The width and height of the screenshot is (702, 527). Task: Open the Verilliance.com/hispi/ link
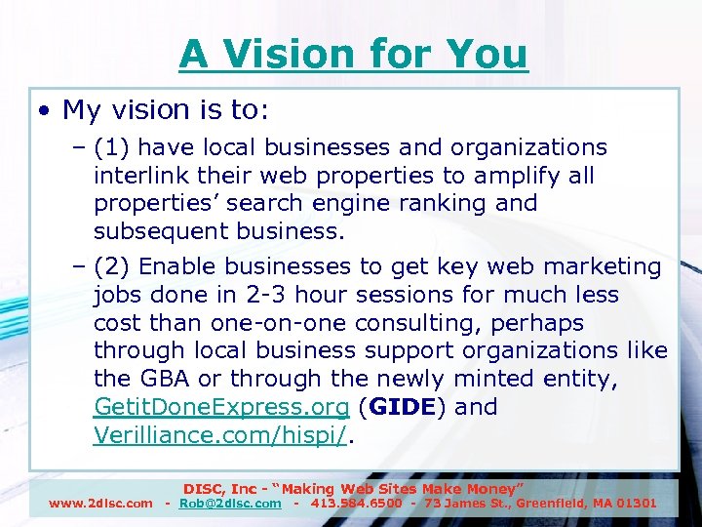(220, 434)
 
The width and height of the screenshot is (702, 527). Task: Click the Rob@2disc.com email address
(230, 504)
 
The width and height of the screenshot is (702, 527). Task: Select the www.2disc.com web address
(100, 504)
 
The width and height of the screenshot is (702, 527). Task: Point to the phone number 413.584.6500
(357, 504)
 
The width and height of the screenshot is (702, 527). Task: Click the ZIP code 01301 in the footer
(636, 504)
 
